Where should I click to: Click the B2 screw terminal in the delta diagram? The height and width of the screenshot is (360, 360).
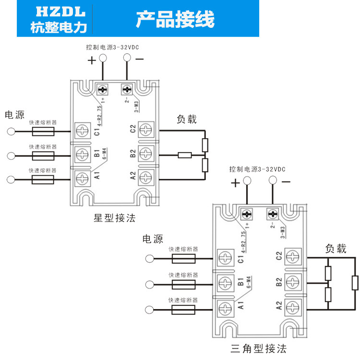pos(291,282)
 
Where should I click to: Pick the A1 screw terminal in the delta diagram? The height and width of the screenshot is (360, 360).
pos(223,306)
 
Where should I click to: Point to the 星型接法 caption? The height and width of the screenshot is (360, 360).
pos(114,218)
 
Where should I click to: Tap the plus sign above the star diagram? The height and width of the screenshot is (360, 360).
pos(91,60)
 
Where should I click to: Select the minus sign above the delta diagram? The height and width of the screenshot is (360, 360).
pos(286,182)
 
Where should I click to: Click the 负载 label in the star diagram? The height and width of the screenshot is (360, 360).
pos(186,120)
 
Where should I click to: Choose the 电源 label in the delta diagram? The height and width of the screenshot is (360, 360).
pos(153,239)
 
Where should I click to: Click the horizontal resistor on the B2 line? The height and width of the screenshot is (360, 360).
pos(185,155)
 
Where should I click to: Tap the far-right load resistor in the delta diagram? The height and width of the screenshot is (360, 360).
pos(355,283)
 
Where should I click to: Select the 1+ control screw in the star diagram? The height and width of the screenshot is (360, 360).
pos(103,90)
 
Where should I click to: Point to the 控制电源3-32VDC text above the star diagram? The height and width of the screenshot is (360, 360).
pos(113,48)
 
